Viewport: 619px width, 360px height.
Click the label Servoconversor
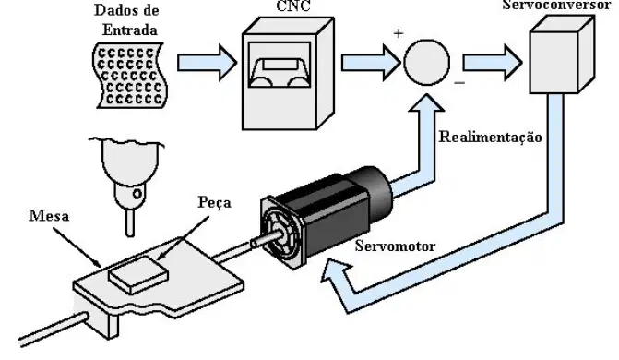[556, 6]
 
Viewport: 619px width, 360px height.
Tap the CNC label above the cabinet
[293, 6]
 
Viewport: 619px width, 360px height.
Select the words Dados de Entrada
[127, 20]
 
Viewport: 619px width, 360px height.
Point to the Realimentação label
[490, 138]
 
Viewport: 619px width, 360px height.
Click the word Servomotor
[395, 246]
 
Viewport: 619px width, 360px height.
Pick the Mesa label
[49, 216]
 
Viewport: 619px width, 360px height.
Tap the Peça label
[214, 203]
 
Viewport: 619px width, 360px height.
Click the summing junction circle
[427, 62]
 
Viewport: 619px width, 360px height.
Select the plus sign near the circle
[399, 33]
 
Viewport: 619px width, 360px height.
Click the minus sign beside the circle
[459, 83]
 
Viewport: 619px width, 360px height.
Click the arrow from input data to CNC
[207, 63]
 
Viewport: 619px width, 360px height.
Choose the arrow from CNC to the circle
[371, 63]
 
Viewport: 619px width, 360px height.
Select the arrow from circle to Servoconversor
[493, 63]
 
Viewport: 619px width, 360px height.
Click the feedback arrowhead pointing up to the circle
[426, 103]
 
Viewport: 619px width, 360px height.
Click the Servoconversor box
[562, 55]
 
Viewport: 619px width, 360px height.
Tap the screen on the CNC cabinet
[280, 65]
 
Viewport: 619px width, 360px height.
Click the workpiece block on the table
[138, 275]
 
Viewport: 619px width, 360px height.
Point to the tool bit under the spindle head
[130, 222]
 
